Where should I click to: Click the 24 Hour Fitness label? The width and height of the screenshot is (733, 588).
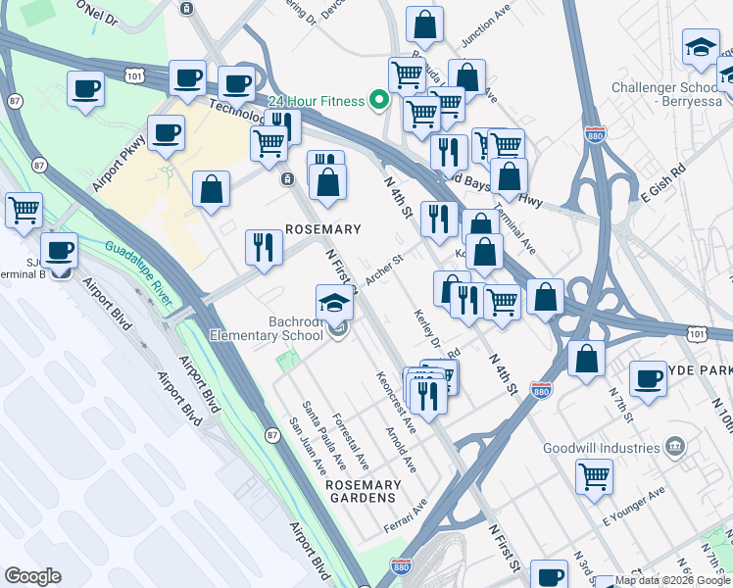coord(314,99)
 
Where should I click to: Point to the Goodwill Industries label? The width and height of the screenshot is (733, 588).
coord(602,448)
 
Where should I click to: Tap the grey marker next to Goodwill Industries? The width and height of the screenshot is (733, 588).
coord(674,448)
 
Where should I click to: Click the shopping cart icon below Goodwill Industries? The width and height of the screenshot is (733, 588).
coord(595,477)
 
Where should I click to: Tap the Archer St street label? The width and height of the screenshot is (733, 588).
coord(384,271)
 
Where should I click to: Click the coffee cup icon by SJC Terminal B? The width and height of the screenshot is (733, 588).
coord(60,250)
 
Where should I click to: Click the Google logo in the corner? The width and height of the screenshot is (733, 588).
coord(32,576)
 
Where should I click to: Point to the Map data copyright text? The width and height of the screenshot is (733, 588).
coord(673,581)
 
